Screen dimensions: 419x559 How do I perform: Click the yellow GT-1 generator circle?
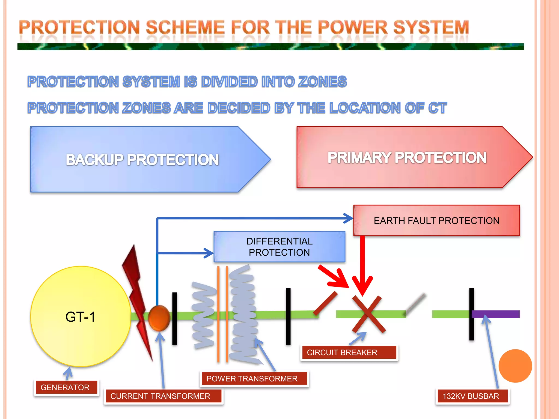81,316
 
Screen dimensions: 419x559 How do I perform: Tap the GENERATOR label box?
66,387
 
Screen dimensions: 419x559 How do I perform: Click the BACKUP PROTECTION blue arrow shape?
142,160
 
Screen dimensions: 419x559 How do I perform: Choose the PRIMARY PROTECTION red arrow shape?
407,157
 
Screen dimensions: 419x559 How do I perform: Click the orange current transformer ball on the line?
159,318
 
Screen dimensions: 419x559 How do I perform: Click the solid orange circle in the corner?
515,366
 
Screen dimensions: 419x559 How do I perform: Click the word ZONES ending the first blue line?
322,82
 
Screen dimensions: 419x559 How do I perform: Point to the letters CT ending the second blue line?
437,108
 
